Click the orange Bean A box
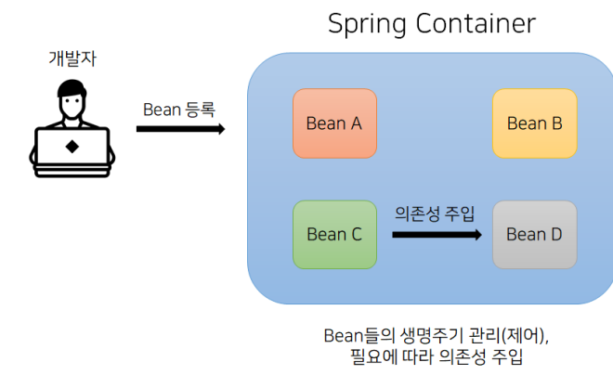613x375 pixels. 334,123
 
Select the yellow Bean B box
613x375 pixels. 534,123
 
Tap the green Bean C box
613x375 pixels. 334,234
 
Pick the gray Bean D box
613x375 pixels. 534,234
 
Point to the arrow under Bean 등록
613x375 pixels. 180,128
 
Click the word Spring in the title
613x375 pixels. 364,24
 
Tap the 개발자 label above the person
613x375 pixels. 72,58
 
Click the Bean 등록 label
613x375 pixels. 179,110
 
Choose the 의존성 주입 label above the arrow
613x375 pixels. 435,213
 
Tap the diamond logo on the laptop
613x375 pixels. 72,146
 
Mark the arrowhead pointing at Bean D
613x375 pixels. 476,235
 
